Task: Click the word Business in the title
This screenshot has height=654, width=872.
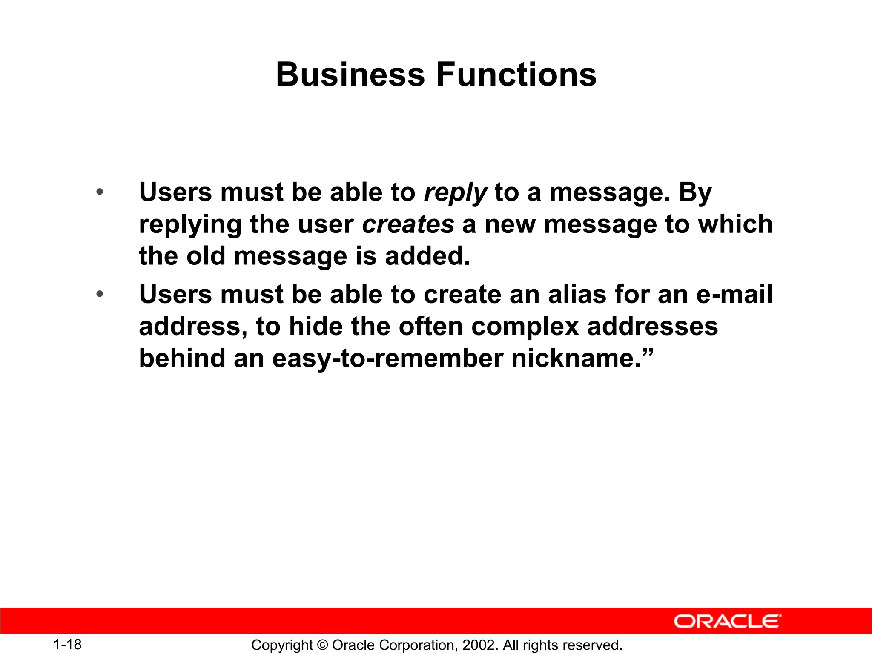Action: [350, 75]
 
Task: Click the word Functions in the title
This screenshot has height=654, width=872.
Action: [516, 75]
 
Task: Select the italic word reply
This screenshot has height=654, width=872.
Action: [455, 193]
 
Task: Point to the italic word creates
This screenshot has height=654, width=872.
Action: [408, 225]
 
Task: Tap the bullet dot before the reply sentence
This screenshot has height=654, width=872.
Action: [100, 192]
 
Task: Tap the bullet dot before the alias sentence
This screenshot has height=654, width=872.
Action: [100, 294]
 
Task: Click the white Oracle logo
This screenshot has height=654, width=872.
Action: [727, 621]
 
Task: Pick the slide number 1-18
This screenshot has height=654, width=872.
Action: [67, 644]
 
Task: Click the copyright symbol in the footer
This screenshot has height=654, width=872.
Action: [322, 645]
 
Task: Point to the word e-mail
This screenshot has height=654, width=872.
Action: [734, 294]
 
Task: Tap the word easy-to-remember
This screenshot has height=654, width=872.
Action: [387, 359]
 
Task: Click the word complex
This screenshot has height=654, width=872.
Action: [525, 327]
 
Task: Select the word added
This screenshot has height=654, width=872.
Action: [427, 256]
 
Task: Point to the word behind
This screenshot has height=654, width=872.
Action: [182, 358]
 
